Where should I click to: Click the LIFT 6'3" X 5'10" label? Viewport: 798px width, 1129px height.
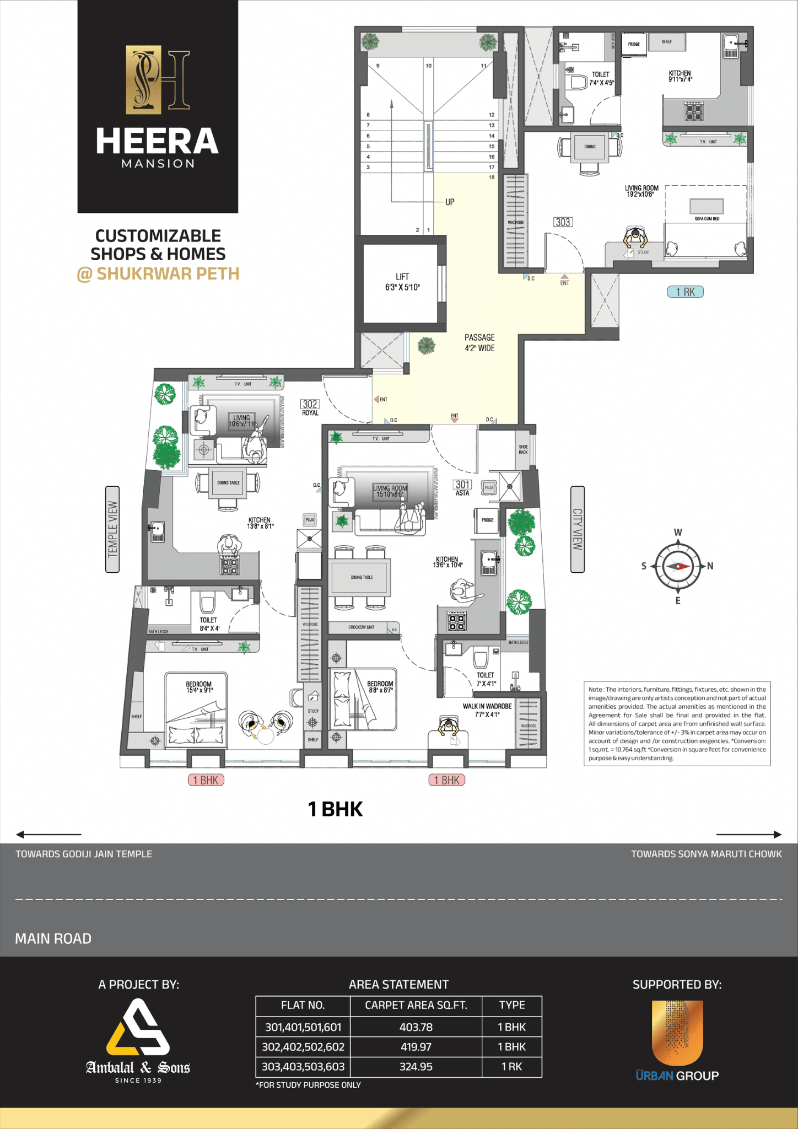pyautogui.click(x=402, y=282)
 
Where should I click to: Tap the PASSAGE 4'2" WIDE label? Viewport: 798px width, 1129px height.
pyautogui.click(x=479, y=342)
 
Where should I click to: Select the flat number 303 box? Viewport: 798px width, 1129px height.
pyautogui.click(x=563, y=222)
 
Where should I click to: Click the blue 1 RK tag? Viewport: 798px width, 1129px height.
pyautogui.click(x=685, y=292)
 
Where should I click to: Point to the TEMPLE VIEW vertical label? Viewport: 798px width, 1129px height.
pyautogui.click(x=112, y=529)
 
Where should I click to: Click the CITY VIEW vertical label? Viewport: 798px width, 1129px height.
pyautogui.click(x=577, y=529)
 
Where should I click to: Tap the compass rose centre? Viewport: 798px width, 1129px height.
pyautogui.click(x=677, y=566)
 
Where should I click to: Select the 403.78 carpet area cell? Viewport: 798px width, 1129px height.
pyautogui.click(x=416, y=1027)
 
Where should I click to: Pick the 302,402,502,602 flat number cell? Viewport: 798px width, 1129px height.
pyautogui.click(x=303, y=1047)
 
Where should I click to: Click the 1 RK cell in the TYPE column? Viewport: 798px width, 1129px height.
pyautogui.click(x=511, y=1067)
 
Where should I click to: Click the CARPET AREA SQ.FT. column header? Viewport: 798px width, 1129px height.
pyautogui.click(x=416, y=1006)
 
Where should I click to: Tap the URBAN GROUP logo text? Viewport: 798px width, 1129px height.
pyautogui.click(x=677, y=1076)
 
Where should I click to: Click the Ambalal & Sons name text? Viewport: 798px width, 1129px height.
pyautogui.click(x=138, y=1068)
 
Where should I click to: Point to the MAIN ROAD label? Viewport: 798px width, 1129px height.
pyautogui.click(x=53, y=939)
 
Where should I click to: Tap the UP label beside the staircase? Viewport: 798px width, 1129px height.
pyautogui.click(x=450, y=202)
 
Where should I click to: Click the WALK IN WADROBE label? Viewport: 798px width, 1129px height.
pyautogui.click(x=487, y=706)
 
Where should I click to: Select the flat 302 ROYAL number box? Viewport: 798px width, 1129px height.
pyautogui.click(x=310, y=404)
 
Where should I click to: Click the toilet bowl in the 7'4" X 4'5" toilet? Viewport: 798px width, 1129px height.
pyautogui.click(x=577, y=82)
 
